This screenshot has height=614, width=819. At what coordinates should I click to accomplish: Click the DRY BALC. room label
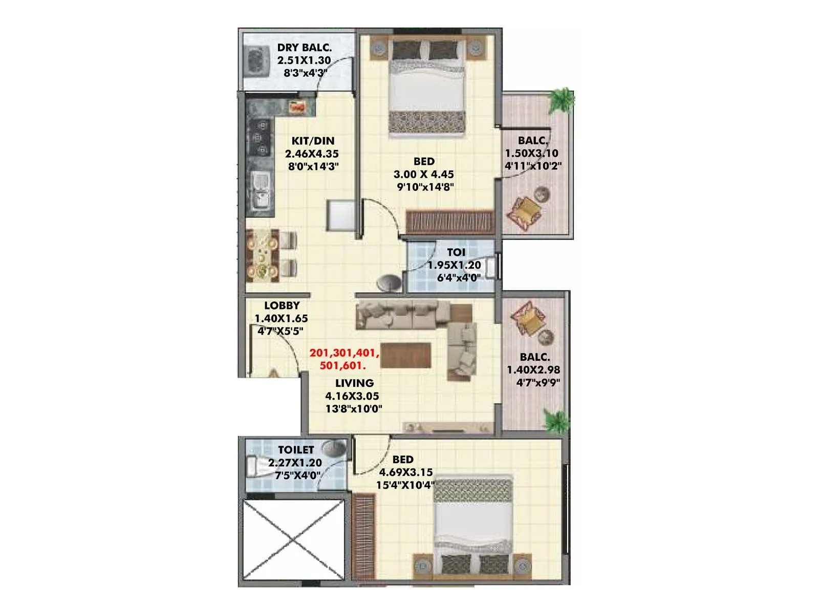coord(304,48)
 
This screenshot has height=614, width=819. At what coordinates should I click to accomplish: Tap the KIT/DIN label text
coord(313,141)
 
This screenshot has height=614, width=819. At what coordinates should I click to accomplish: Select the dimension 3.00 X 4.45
coord(423,174)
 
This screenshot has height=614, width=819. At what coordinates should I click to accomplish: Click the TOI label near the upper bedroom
coord(456,252)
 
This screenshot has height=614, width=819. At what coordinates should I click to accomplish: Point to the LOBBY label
coord(282,305)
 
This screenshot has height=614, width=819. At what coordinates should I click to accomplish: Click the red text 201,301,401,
coord(344,353)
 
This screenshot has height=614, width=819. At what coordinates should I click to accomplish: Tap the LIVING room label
coord(354,383)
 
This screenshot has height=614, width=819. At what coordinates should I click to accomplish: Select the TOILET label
coord(296,450)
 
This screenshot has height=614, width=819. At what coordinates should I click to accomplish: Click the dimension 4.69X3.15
coord(404,472)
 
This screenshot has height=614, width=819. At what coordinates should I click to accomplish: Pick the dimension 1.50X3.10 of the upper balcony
coord(531,153)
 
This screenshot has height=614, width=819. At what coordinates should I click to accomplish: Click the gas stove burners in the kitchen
coord(260,137)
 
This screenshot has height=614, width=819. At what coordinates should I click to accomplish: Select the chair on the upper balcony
coord(525,211)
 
